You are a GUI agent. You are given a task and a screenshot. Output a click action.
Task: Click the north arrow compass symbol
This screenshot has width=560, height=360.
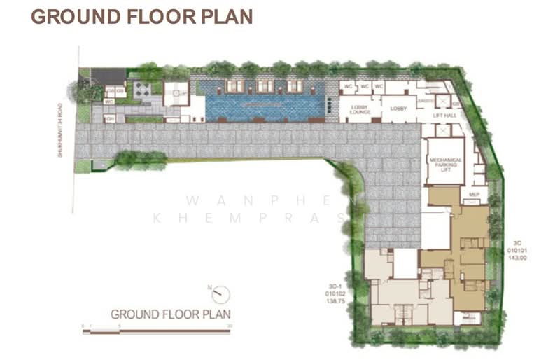(x=220, y=294)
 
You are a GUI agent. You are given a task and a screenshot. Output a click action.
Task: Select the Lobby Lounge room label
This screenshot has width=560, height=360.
(x=359, y=109)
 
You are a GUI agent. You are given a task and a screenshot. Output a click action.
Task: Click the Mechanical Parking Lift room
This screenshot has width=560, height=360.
(x=445, y=165)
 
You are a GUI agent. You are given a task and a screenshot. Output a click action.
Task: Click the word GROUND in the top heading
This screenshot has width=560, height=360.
(x=71, y=17)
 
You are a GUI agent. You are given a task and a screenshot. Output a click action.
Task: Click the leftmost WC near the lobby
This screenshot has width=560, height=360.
(x=347, y=86)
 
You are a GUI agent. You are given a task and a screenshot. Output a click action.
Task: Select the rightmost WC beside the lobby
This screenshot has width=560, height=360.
(x=379, y=86)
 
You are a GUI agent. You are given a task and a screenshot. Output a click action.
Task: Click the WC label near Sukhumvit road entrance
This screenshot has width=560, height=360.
(x=109, y=102)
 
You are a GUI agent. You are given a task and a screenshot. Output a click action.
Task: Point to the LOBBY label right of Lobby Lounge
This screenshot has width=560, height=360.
(x=398, y=109)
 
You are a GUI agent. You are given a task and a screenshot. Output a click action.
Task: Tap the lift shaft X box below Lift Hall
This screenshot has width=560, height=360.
(x=442, y=130)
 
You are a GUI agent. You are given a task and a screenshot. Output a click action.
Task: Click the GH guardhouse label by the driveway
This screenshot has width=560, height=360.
(x=110, y=118)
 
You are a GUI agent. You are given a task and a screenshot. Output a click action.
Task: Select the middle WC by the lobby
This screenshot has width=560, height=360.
(x=364, y=86)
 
